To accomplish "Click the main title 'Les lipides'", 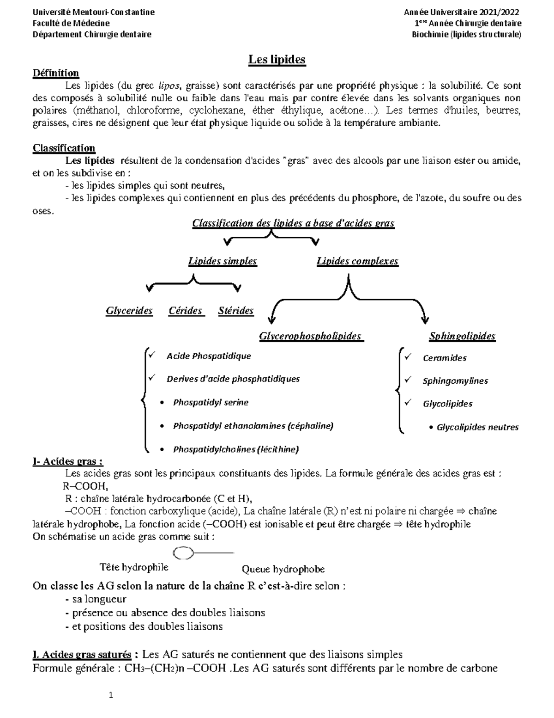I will pyautogui.click(x=277, y=60).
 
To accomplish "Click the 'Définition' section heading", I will pyautogui.click(x=56, y=73).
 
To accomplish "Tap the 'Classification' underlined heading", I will pyautogui.click(x=64, y=148).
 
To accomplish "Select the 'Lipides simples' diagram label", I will pyautogui.click(x=223, y=261).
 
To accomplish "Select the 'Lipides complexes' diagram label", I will pyautogui.click(x=357, y=261).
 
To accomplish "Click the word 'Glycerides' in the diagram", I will pyautogui.click(x=129, y=311).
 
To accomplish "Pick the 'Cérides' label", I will pyautogui.click(x=186, y=311).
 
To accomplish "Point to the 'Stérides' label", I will pyautogui.click(x=236, y=311).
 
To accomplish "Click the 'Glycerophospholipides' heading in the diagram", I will pyautogui.click(x=311, y=336).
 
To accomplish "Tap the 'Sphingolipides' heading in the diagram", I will pyautogui.click(x=462, y=336).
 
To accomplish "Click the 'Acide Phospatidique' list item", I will pyautogui.click(x=209, y=356).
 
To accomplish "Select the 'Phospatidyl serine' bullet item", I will pyautogui.click(x=211, y=403).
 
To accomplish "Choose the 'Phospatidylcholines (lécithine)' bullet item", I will pyautogui.click(x=236, y=449).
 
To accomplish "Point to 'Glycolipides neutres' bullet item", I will pyautogui.click(x=478, y=428).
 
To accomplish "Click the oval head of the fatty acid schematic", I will pyautogui.click(x=182, y=552).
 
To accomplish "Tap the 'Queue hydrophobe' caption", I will pyautogui.click(x=283, y=569).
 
